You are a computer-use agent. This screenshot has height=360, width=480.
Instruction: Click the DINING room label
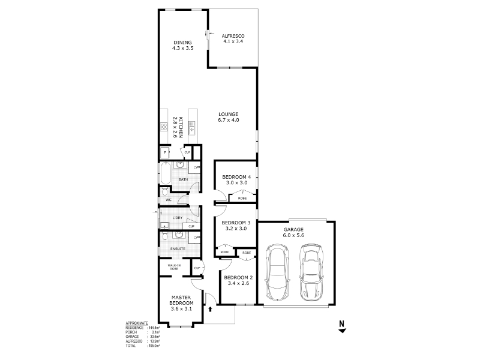(183, 42)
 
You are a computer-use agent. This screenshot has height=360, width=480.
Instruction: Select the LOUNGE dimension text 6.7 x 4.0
(229, 120)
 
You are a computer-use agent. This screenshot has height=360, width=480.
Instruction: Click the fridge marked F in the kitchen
(165, 153)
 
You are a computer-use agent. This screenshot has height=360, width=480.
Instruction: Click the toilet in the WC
(165, 192)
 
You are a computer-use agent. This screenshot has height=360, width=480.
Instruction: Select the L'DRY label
(177, 217)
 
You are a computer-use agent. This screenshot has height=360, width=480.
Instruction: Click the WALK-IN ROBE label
(174, 267)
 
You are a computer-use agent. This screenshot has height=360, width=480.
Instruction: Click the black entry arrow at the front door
(211, 310)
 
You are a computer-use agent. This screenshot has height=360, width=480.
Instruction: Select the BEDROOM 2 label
(236, 277)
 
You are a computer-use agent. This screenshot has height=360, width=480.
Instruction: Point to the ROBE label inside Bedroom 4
(242, 198)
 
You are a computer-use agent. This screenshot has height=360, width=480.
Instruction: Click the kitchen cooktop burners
(163, 127)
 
